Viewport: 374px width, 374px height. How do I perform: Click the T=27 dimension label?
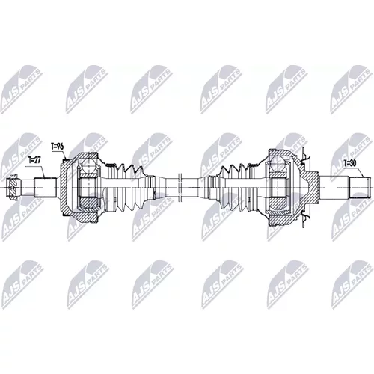point(34,160)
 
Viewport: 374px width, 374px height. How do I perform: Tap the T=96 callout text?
point(57,147)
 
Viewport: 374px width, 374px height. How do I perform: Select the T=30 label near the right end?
point(350,163)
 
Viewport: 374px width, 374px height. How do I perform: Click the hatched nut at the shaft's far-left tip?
point(13,187)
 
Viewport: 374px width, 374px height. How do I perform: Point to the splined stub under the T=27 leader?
point(45,187)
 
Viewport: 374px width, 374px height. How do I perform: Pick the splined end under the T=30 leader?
point(359,187)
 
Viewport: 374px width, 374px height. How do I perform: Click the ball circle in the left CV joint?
point(89,165)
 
